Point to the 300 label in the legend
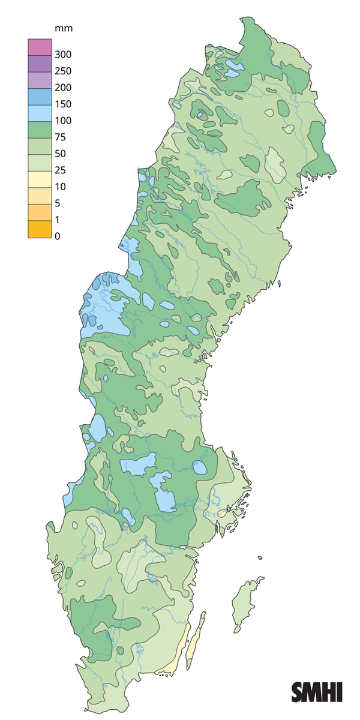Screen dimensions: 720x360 point(62,55)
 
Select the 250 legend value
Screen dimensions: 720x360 point(62,71)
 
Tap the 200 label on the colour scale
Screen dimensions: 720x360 point(62,88)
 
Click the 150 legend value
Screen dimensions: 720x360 point(62,104)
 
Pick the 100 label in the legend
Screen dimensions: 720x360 point(62,121)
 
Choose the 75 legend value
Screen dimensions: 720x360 point(60,137)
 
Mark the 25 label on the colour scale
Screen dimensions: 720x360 point(60,170)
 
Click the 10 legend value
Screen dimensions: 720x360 point(60,187)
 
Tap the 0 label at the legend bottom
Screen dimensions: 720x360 point(58,236)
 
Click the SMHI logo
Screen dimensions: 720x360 point(317,692)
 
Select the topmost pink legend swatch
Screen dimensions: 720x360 point(37,46)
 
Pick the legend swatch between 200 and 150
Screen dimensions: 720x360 point(37,96)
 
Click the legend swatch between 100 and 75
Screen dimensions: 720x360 point(37,129)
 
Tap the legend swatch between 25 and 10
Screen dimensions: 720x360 point(37,179)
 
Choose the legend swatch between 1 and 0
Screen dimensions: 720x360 point(37,229)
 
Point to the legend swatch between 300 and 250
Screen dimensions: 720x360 point(37,63)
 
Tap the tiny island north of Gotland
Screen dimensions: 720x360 point(260,558)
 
